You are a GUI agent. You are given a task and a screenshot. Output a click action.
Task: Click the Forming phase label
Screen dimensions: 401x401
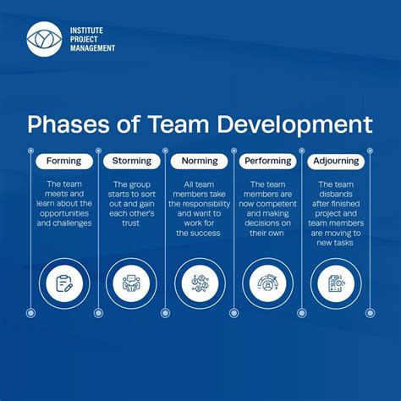click(x=63, y=161)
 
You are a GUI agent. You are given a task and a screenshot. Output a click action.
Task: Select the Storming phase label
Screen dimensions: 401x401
click(x=131, y=161)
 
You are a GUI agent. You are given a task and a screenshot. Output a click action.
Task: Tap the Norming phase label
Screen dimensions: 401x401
click(x=200, y=161)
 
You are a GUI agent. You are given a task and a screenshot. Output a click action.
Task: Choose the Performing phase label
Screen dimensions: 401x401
click(x=267, y=161)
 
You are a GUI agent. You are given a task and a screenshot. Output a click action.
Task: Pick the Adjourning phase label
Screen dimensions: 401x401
click(x=336, y=161)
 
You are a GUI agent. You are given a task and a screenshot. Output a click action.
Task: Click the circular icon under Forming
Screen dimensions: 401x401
click(x=64, y=283)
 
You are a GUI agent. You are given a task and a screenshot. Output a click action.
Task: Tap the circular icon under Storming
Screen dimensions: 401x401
click(x=132, y=283)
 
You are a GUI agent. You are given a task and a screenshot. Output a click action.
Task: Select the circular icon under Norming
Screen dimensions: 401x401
click(x=200, y=283)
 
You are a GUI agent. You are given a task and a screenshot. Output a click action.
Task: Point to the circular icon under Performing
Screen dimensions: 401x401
click(x=267, y=283)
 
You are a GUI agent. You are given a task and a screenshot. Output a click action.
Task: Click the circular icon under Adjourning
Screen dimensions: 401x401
click(x=336, y=283)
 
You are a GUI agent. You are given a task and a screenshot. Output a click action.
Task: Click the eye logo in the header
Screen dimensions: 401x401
click(x=44, y=38)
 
